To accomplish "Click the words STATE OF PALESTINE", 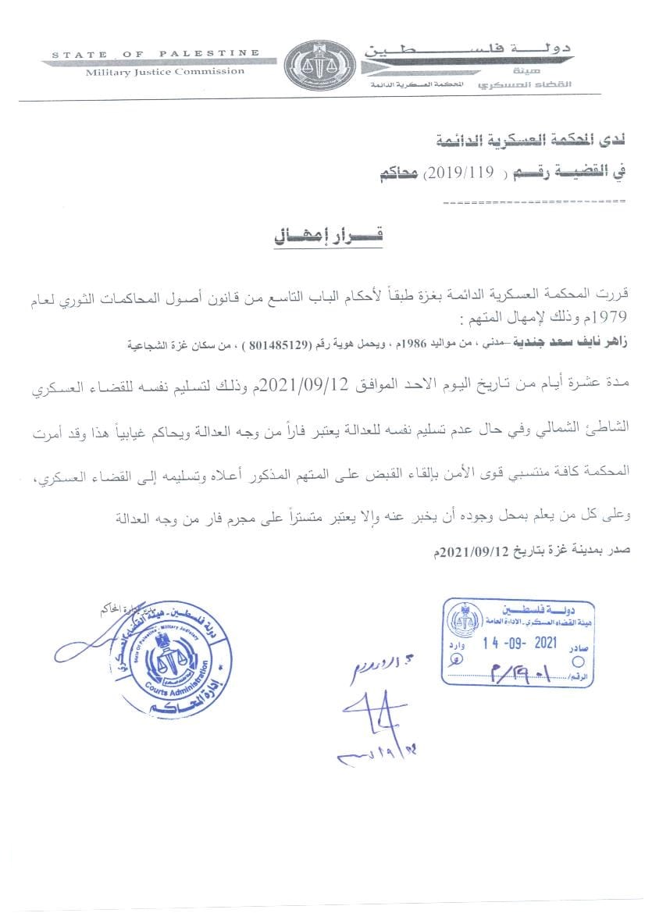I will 155,54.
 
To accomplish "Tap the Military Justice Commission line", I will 165,71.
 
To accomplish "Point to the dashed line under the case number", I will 533,202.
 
